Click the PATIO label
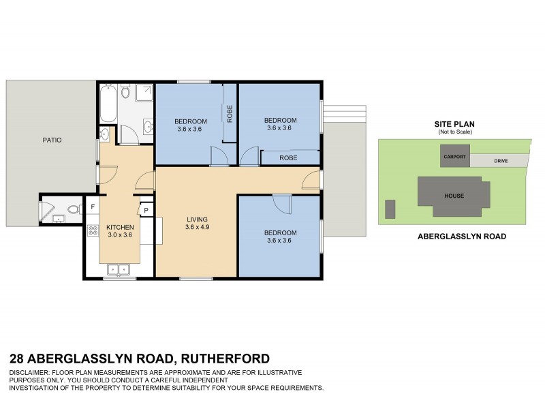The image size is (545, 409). click(x=52, y=140)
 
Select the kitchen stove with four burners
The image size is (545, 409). click(x=93, y=230)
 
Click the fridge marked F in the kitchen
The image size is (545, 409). click(x=93, y=206)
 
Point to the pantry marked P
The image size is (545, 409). click(x=146, y=210)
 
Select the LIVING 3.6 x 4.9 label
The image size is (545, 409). click(x=196, y=223)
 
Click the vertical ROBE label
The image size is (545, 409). click(x=230, y=113)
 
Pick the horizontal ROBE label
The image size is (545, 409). click(x=287, y=157)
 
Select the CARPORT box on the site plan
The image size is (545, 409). click(x=454, y=157)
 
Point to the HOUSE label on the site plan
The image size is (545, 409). click(x=454, y=196)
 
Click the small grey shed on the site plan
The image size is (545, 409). click(x=390, y=209)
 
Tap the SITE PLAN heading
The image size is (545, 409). click(x=454, y=124)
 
